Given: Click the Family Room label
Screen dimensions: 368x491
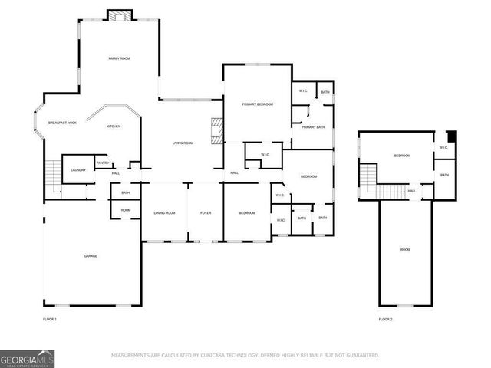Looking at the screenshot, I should [x=118, y=58].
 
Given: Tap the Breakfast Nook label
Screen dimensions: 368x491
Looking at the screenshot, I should [x=62, y=123].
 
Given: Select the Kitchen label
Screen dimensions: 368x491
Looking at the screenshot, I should [x=114, y=127].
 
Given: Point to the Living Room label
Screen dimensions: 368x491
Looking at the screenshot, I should [x=182, y=143].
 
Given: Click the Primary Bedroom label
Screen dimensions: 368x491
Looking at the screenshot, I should [x=258, y=103].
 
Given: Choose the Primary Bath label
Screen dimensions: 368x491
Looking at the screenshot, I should [x=313, y=127].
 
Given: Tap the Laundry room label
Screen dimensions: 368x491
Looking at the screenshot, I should [x=77, y=169].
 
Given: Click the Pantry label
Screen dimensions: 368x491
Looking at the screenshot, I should [x=103, y=163].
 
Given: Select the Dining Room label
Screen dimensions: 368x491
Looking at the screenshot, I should [x=164, y=212].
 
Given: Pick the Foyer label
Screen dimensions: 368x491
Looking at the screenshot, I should [x=206, y=212].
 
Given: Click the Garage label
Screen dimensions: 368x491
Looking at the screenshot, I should [x=91, y=255].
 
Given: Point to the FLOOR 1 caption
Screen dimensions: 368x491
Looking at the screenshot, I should [x=50, y=318].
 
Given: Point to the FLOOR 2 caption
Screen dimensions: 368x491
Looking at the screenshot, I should [x=385, y=318].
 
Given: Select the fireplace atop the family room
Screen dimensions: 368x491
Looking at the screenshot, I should [x=119, y=15].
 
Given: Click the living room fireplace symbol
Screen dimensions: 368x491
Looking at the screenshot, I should [x=218, y=131].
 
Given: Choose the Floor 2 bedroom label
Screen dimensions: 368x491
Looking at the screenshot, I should [x=402, y=156].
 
